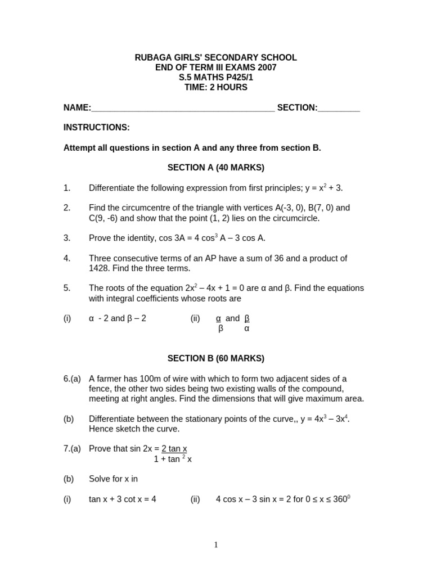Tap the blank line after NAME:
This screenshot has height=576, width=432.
pyautogui.click(x=183, y=108)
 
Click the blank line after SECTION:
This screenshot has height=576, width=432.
pyautogui.click(x=339, y=108)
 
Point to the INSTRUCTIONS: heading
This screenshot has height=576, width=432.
pyautogui.click(x=96, y=128)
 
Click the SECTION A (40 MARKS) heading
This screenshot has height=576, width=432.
pyautogui.click(x=215, y=168)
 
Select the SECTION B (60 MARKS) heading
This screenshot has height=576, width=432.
pyautogui.click(x=215, y=358)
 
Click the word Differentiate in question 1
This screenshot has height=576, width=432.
pyautogui.click(x=111, y=188)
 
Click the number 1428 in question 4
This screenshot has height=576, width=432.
pyautogui.click(x=99, y=268)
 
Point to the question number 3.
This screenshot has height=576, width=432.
pyautogui.click(x=67, y=238)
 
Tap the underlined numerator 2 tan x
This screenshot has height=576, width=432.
pyautogui.click(x=174, y=448)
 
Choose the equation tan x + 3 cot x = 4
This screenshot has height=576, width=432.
pyautogui.click(x=122, y=499)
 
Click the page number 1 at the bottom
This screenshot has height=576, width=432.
pyautogui.click(x=216, y=544)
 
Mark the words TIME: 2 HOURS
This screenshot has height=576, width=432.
pyautogui.click(x=215, y=88)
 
